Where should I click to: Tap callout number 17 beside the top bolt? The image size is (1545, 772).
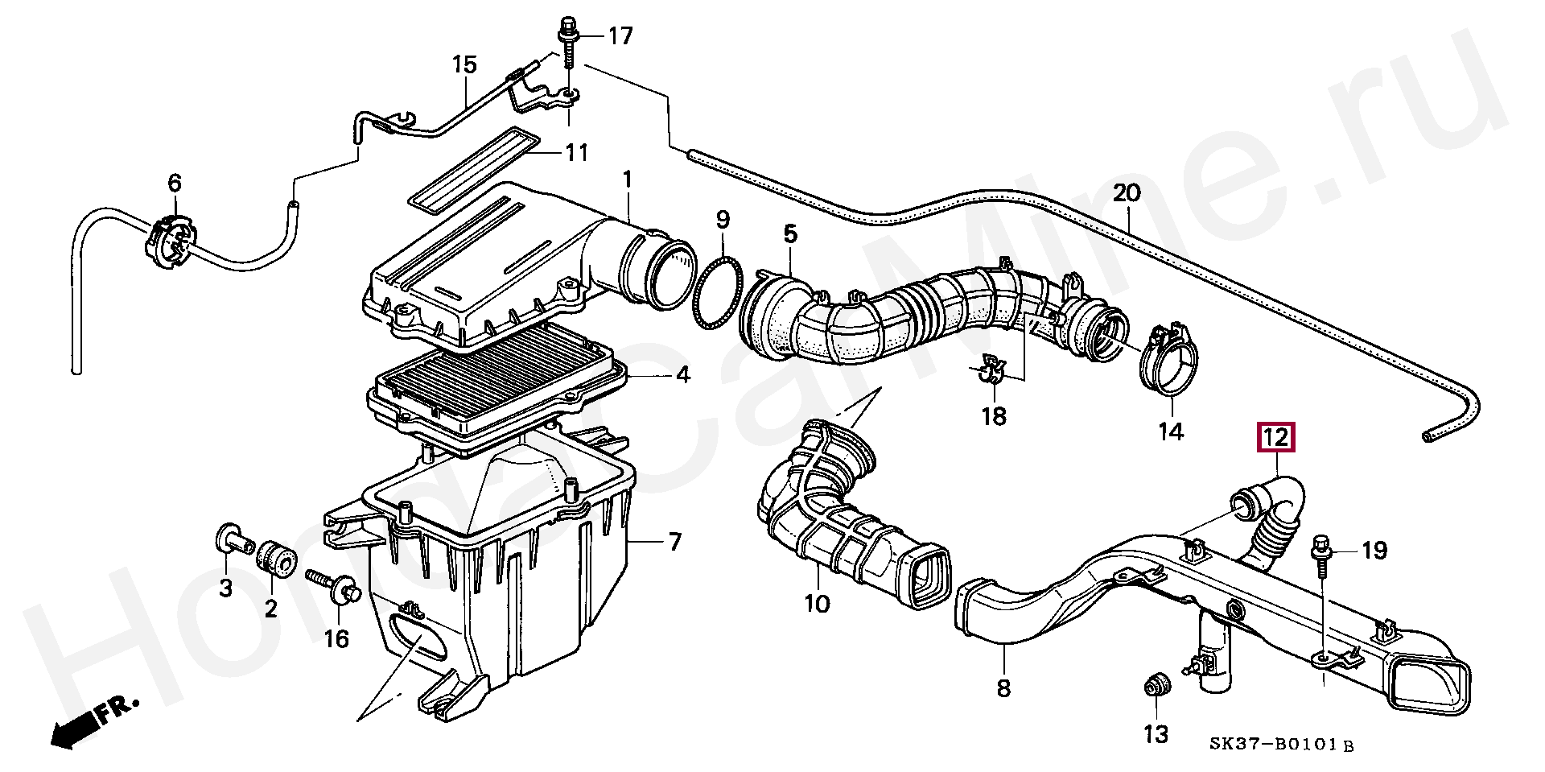[620, 35]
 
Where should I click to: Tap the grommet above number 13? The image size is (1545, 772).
[1156, 688]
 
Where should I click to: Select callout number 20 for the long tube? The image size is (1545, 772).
[1127, 193]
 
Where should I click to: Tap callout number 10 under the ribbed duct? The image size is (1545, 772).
[816, 603]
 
